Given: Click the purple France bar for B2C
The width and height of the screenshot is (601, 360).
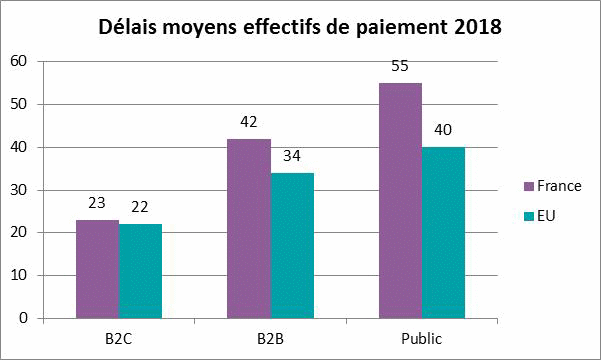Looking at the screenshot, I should (97, 269).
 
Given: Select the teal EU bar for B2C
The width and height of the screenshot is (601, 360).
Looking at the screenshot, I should (140, 271).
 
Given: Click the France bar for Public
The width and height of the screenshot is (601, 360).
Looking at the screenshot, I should (400, 200).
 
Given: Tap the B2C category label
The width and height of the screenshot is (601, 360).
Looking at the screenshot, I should (118, 337).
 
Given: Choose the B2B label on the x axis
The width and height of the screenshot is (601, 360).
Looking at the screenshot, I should (270, 337).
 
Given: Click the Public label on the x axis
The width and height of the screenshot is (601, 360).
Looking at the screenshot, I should (421, 337).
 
